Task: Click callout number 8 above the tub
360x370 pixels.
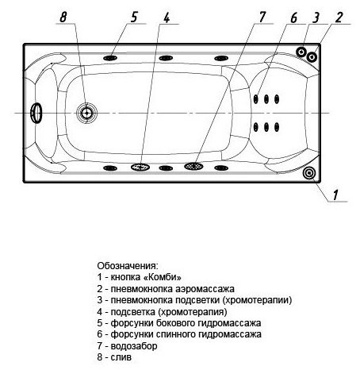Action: point(63,15)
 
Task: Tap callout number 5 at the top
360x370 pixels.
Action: point(133,15)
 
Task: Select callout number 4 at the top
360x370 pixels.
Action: point(166,16)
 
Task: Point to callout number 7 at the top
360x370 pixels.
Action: point(262,16)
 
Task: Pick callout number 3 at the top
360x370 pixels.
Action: point(316,17)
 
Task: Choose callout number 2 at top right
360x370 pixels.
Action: point(339,17)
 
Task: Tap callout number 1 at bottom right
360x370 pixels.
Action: point(336,193)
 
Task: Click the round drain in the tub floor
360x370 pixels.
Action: point(86,114)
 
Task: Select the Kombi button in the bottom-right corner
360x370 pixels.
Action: point(309,173)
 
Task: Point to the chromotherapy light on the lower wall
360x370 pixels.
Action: point(141,167)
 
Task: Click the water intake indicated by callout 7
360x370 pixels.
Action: point(193,167)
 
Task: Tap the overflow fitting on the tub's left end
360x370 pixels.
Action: point(36,114)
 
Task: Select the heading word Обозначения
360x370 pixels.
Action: point(128,265)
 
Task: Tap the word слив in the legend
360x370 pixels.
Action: point(125,358)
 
